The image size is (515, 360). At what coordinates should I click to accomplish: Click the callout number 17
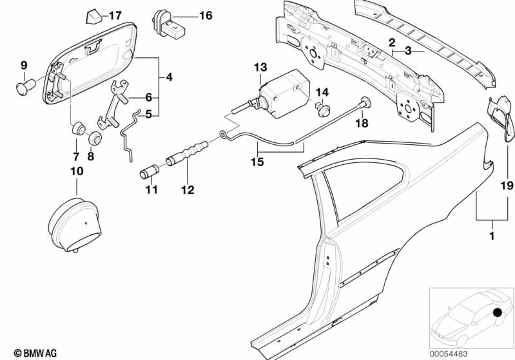click(x=115, y=15)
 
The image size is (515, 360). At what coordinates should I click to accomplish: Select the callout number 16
click(x=206, y=15)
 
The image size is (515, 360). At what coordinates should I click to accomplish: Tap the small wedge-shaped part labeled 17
click(x=93, y=17)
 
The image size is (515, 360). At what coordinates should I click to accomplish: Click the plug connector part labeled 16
click(x=170, y=25)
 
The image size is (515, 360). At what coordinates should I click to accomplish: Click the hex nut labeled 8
click(x=95, y=138)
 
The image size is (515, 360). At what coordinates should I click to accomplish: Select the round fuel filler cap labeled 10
click(x=75, y=225)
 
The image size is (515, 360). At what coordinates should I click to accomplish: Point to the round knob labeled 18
click(x=365, y=102)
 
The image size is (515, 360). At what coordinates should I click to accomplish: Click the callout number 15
click(x=258, y=162)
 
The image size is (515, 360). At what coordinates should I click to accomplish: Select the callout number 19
click(x=506, y=185)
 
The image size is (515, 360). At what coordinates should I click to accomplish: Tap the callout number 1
click(x=492, y=236)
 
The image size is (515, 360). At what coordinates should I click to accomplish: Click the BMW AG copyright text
click(x=35, y=353)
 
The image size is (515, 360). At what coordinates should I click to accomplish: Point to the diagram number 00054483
click(x=449, y=354)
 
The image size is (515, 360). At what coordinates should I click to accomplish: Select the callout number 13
click(x=260, y=67)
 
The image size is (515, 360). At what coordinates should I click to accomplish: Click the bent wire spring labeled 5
click(x=129, y=135)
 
